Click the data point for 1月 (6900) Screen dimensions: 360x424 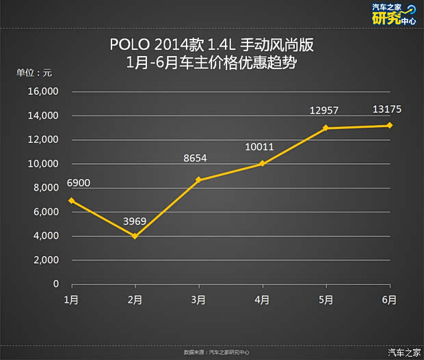71,201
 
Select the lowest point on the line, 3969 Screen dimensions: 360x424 135,236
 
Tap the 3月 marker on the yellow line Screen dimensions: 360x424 198,180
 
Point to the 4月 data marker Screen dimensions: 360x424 263,163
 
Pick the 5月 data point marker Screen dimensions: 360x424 326,128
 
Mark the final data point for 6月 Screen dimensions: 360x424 390,125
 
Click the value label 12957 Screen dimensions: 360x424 324,110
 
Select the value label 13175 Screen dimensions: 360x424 387,108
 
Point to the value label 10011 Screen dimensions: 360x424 260,146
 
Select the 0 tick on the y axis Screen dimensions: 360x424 57,284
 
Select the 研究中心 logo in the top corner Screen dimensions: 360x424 393,14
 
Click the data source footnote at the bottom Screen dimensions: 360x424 217,352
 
